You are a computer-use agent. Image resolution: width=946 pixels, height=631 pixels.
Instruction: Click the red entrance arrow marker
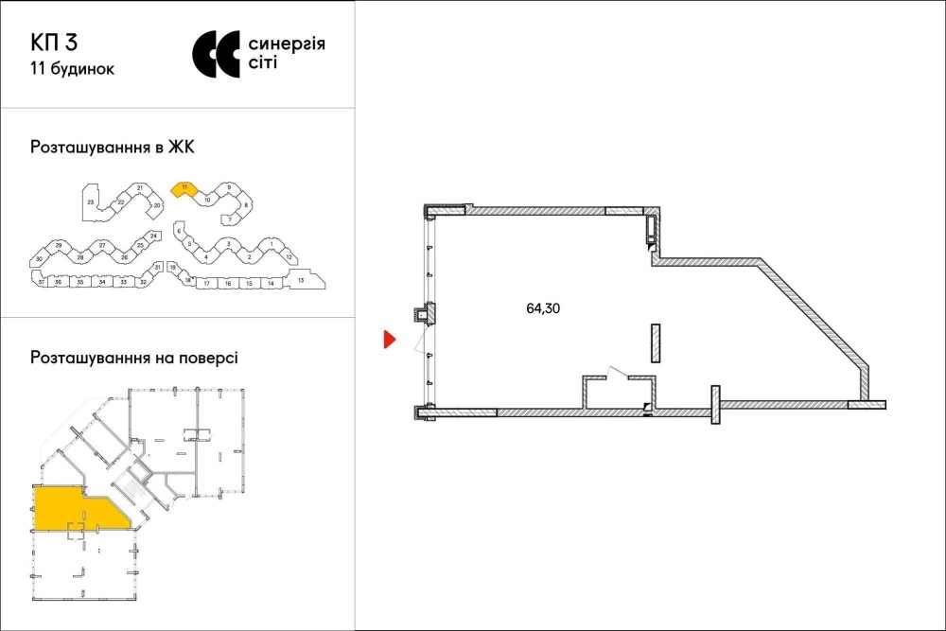point(388,340)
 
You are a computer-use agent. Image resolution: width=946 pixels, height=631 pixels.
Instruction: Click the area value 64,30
point(544,307)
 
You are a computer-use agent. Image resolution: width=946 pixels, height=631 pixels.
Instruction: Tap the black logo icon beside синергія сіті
point(217,54)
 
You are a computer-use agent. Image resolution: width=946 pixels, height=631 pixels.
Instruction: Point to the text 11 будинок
point(73,68)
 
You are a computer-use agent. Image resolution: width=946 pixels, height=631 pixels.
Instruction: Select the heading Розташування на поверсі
point(134,359)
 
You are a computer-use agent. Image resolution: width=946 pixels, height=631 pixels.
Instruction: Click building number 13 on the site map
point(300,280)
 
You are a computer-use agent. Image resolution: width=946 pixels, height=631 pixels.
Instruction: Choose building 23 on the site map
point(91,202)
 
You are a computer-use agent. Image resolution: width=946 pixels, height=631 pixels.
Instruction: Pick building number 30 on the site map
point(39,258)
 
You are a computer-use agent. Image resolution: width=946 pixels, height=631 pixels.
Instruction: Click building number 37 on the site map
point(41,282)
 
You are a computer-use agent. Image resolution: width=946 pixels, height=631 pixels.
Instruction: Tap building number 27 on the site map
point(102,246)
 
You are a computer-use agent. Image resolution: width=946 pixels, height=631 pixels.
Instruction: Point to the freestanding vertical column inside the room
point(655,342)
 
